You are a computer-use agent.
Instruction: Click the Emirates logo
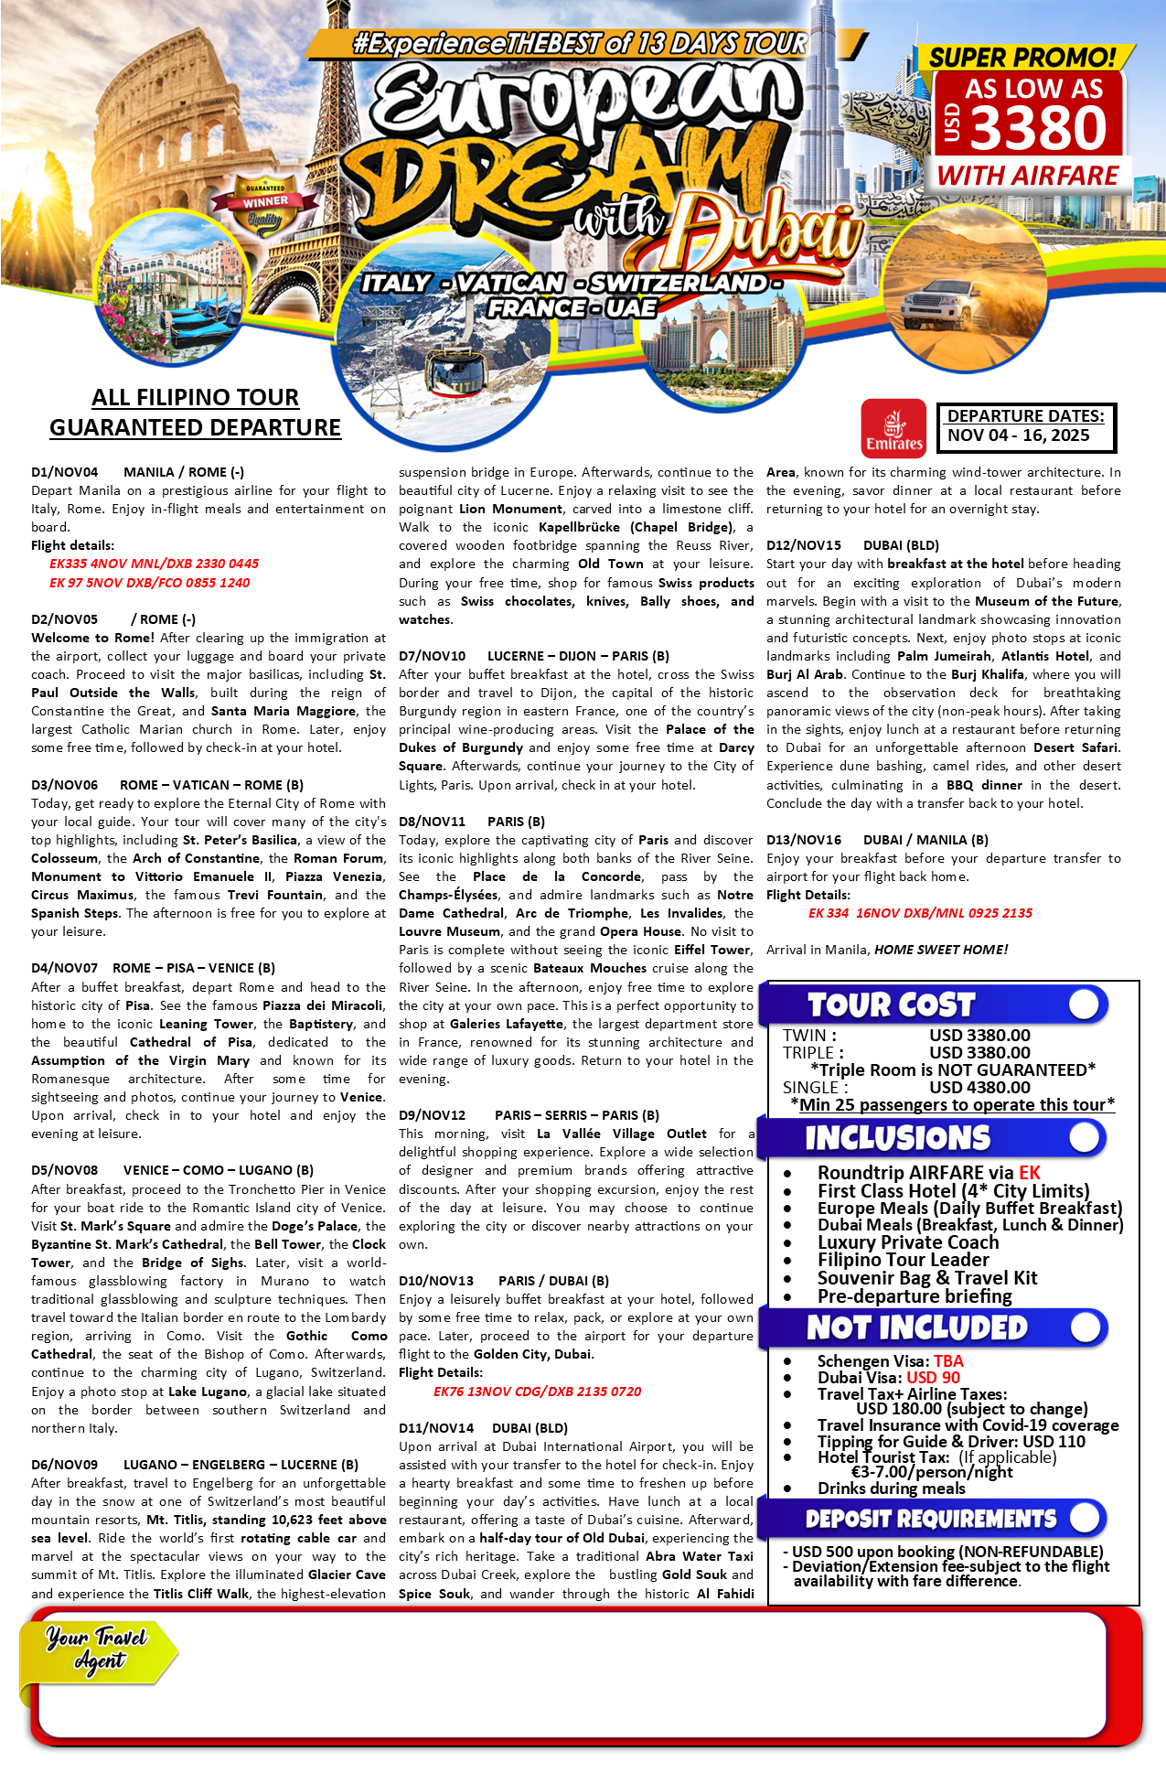pyautogui.click(x=893, y=426)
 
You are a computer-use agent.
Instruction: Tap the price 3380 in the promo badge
pyautogui.click(x=1038, y=127)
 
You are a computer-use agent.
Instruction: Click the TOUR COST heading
pyautogui.click(x=891, y=1005)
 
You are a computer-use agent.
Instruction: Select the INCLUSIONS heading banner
pyautogui.click(x=897, y=1137)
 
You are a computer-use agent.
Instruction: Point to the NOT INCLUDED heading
pyautogui.click(x=916, y=1327)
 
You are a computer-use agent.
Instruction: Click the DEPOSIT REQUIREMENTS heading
pyautogui.click(x=930, y=1519)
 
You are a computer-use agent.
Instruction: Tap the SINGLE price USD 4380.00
pyautogui.click(x=979, y=1087)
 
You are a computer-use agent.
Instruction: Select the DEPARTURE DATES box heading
pyautogui.click(x=1025, y=415)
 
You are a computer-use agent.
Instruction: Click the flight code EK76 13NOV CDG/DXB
pyautogui.click(x=537, y=1391)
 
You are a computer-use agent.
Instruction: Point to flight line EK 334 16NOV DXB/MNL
pyautogui.click(x=920, y=913)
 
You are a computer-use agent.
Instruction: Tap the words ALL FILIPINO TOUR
pyautogui.click(x=195, y=397)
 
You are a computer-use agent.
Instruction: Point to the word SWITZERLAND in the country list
pyautogui.click(x=678, y=283)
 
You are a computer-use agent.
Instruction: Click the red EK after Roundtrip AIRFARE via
pyautogui.click(x=1030, y=1173)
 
